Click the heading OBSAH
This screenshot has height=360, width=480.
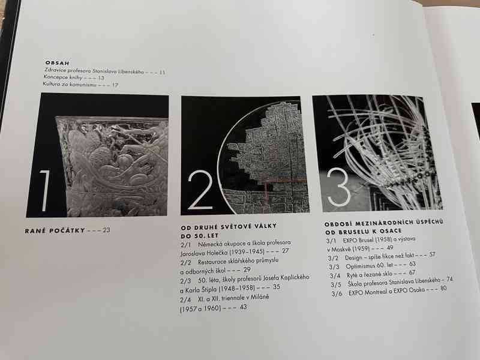point(58,62)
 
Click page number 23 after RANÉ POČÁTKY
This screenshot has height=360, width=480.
point(106,230)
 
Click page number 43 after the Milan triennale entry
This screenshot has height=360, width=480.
point(243,307)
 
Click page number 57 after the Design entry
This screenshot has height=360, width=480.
point(432,255)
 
